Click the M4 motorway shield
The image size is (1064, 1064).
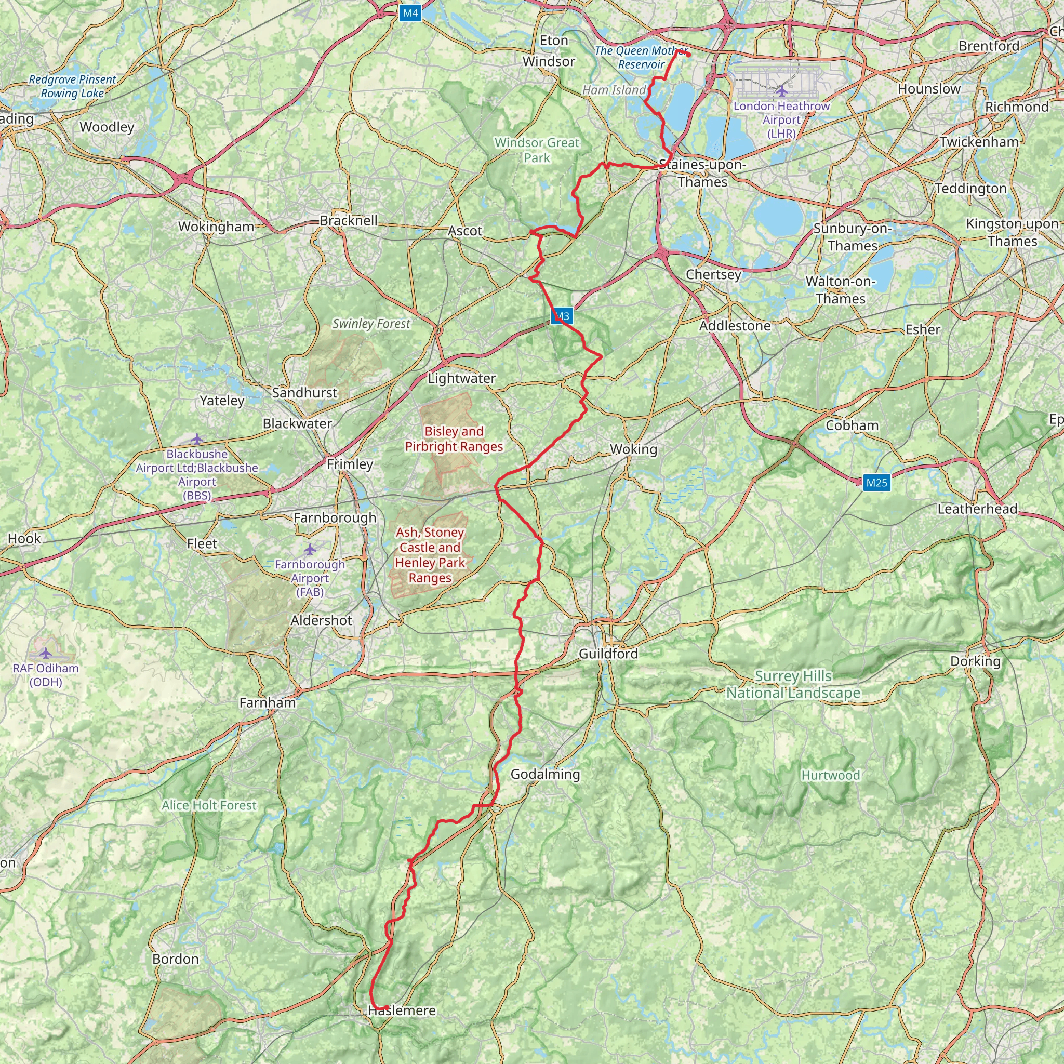[x=410, y=13]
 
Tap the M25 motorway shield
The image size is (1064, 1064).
[x=876, y=483]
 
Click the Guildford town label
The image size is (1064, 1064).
[x=608, y=654]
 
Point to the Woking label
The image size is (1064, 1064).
[x=633, y=449]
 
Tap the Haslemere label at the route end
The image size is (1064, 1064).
[x=402, y=1010]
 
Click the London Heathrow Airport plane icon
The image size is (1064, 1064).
[x=781, y=90]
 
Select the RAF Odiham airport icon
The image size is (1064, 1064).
[x=46, y=653]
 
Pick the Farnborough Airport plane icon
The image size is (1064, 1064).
[x=310, y=549]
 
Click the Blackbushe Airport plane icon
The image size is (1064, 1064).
[x=196, y=439]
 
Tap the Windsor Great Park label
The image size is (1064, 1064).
[x=537, y=150]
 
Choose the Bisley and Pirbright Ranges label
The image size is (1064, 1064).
[x=454, y=439]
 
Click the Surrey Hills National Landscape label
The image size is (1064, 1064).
[x=793, y=685]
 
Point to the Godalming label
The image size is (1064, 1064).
[x=545, y=774]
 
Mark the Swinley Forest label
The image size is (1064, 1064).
[x=371, y=324]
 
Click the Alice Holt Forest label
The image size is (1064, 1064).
[x=209, y=805]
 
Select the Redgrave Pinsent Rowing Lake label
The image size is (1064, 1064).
[x=72, y=86]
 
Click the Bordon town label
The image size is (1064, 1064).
[x=175, y=959]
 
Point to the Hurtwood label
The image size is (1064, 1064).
[x=830, y=776]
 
